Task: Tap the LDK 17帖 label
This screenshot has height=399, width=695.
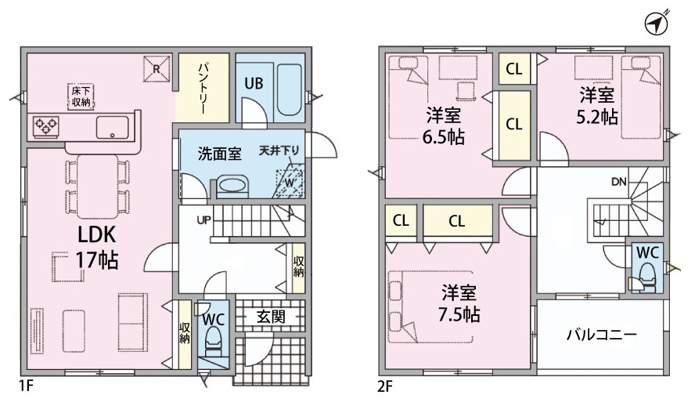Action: click(x=97, y=248)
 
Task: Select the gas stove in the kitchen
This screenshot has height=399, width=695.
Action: click(x=45, y=125)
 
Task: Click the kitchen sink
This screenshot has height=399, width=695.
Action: click(x=113, y=127)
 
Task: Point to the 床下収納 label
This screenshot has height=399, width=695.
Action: click(x=81, y=96)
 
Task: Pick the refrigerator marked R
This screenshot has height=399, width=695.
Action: click(x=157, y=69)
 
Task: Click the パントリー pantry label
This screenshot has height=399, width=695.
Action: click(x=203, y=89)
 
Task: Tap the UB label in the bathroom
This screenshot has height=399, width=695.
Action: click(x=254, y=83)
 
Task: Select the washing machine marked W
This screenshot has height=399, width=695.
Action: click(x=290, y=183)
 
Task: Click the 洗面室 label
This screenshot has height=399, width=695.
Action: click(x=219, y=154)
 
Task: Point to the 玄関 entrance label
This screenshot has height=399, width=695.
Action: click(x=270, y=317)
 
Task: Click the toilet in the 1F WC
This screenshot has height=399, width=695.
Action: click(x=214, y=341)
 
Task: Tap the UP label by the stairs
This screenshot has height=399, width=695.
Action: click(x=203, y=219)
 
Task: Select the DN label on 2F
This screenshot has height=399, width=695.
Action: click(x=619, y=181)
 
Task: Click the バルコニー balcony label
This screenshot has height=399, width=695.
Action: click(x=602, y=334)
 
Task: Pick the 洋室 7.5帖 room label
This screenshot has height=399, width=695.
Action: click(x=459, y=303)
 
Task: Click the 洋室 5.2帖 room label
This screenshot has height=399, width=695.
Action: click(x=597, y=106)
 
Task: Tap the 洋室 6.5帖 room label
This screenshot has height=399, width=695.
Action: click(x=443, y=126)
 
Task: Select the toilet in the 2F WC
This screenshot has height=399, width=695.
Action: click(x=646, y=277)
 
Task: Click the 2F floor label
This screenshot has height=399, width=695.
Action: click(x=385, y=386)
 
